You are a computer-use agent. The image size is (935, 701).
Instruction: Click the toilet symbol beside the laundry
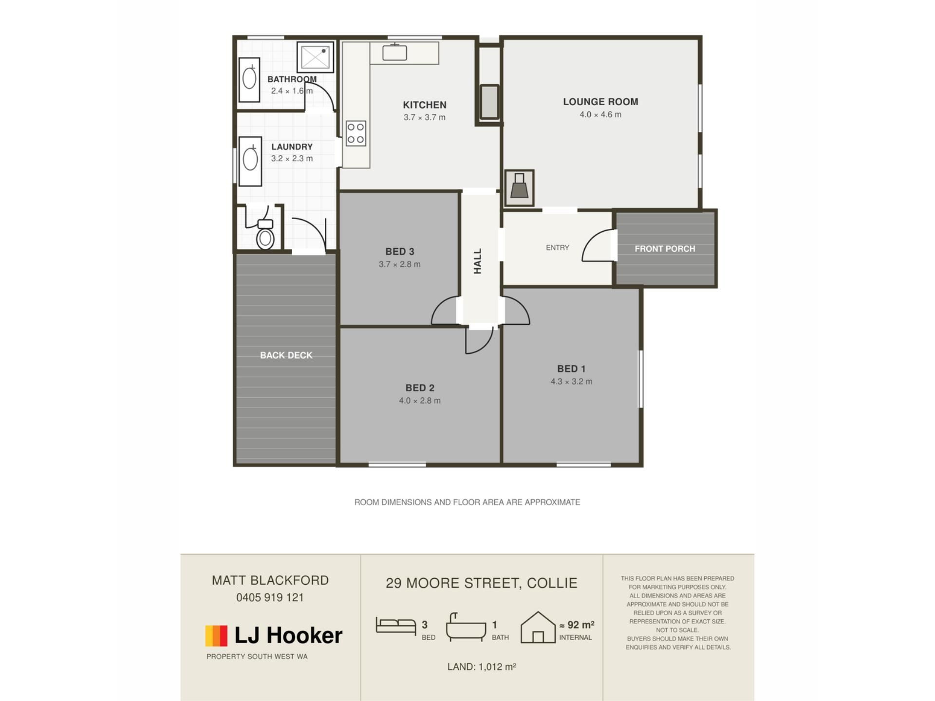tap(265, 234)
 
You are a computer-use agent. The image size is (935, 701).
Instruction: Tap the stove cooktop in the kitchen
tap(356, 133)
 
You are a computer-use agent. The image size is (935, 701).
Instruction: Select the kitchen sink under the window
tap(394, 52)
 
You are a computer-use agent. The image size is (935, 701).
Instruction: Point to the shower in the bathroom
tap(315, 57)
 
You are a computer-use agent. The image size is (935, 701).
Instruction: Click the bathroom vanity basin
tap(249, 79)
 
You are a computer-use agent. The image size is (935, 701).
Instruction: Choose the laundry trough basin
tap(250, 161)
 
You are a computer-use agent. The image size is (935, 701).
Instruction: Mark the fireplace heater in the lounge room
tap(519, 187)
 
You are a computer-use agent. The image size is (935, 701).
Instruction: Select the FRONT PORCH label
tap(665, 249)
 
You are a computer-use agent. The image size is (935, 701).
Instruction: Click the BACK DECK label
tap(286, 355)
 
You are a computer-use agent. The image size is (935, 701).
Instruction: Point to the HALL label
tap(478, 261)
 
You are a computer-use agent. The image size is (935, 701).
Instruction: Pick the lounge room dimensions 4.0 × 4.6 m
tap(600, 115)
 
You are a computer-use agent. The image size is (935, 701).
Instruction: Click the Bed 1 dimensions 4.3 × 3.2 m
tap(571, 382)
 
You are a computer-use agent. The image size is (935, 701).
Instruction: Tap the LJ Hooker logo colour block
tap(216, 636)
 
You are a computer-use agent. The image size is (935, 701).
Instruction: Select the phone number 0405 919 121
tap(270, 597)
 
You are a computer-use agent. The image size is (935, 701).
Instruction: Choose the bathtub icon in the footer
tap(466, 626)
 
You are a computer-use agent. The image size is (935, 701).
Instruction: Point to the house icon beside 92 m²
tap(538, 627)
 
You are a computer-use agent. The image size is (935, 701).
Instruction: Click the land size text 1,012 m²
tap(497, 666)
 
